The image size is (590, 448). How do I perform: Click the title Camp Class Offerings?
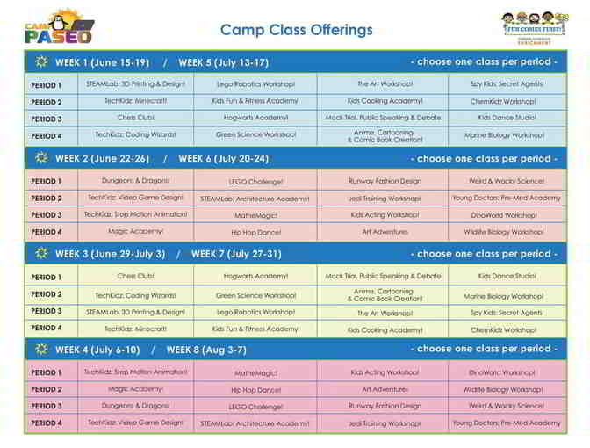click(x=296, y=30)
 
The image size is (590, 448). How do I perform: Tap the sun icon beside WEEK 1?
click(x=40, y=62)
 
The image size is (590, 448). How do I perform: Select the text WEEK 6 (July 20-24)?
click(x=223, y=158)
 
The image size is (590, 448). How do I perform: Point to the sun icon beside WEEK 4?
click(x=40, y=349)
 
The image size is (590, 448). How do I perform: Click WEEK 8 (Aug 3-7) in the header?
click(x=206, y=349)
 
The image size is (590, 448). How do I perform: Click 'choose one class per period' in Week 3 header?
click(x=483, y=254)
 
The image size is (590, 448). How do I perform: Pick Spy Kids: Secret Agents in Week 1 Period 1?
click(x=507, y=84)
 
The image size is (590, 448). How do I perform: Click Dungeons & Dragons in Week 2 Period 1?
click(x=135, y=181)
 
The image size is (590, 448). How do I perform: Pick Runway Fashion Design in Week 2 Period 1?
click(x=385, y=181)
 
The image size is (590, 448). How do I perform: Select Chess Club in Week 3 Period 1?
click(x=135, y=276)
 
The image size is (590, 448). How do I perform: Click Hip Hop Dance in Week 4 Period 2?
click(x=255, y=389)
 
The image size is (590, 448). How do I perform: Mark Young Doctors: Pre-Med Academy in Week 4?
click(x=507, y=423)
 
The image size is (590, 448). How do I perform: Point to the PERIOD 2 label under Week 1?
click(x=47, y=102)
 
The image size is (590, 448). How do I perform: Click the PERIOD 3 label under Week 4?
click(x=47, y=406)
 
